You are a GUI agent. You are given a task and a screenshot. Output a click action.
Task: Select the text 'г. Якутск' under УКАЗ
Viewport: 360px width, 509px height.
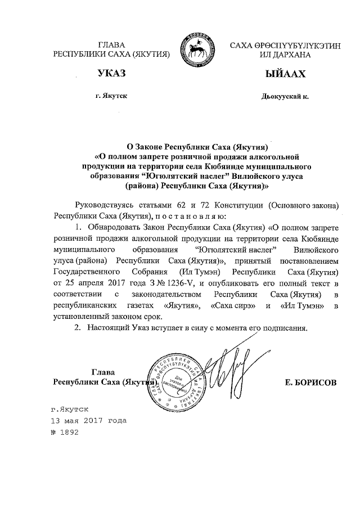point(111,96)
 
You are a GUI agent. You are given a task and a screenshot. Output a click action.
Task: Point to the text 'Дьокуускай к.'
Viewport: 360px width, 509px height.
point(285,96)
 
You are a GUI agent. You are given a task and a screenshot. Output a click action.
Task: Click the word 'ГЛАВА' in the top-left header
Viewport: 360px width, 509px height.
point(111,46)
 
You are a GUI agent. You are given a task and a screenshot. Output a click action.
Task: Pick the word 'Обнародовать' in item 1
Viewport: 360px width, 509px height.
point(116,228)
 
